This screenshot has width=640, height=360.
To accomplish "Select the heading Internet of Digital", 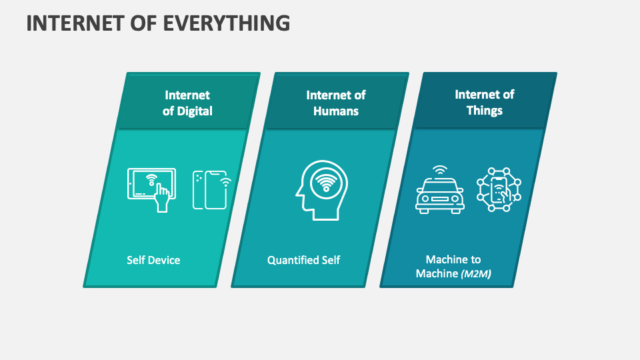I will point(187,103).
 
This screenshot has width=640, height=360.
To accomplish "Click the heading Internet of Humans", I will point(336,103).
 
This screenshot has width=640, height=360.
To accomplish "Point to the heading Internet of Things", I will point(485,102).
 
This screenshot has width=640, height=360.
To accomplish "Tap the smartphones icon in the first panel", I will point(211,189).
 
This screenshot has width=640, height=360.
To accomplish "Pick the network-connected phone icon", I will point(499,189).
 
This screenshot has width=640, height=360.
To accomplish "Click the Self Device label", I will point(153,260).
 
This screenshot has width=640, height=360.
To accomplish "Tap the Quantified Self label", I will point(303,260).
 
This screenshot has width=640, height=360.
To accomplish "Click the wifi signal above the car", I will point(440,170).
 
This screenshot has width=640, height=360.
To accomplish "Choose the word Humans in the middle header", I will point(336,111).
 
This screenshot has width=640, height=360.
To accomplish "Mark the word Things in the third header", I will point(485,110).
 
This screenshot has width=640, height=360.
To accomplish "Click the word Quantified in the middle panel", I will point(292,260).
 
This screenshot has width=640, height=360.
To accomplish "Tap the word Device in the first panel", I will point(164,260).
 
